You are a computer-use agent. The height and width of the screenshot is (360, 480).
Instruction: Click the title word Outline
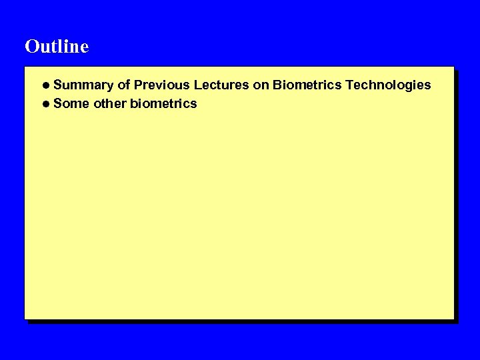(x=57, y=47)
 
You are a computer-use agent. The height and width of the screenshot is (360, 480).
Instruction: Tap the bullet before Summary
(x=45, y=85)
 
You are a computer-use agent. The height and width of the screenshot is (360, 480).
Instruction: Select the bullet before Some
(x=45, y=104)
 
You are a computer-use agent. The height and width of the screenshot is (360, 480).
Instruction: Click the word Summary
(x=84, y=85)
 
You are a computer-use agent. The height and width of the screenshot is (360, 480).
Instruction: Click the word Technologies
(x=388, y=85)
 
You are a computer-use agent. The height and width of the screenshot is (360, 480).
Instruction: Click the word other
(x=110, y=104)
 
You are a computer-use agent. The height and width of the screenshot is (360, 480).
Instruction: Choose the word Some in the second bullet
(x=71, y=104)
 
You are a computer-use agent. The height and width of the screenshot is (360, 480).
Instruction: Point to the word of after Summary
(x=124, y=85)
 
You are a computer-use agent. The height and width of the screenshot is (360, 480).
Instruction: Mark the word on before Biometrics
(x=260, y=85)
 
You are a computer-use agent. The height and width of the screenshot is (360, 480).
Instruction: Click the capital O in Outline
(x=31, y=47)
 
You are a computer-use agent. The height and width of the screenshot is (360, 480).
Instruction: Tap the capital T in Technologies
(x=349, y=85)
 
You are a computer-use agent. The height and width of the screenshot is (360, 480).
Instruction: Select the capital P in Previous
(x=138, y=85)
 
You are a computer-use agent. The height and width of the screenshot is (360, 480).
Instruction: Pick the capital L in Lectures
(x=197, y=85)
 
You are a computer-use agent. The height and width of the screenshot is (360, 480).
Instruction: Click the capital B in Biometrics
(x=277, y=85)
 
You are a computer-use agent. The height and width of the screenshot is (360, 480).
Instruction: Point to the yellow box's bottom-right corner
(x=453, y=318)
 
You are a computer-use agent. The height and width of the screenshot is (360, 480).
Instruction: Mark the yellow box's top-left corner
(x=25, y=67)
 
